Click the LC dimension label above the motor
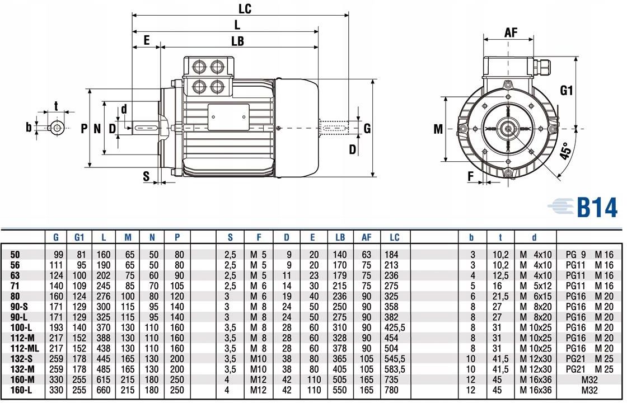(245, 8)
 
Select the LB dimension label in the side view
(237, 41)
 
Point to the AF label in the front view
(511, 32)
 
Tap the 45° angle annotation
(567, 151)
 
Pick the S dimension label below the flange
(147, 176)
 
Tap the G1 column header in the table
(79, 237)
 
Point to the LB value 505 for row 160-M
(340, 379)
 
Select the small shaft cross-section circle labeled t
(57, 128)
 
